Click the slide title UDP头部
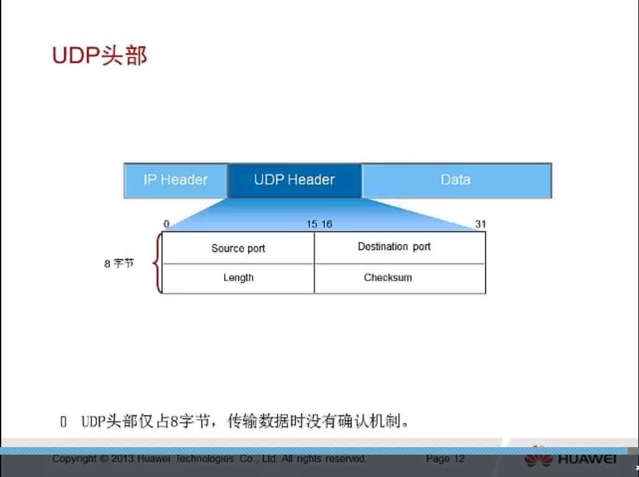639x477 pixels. pyautogui.click(x=100, y=56)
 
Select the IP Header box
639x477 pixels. pyautogui.click(x=175, y=180)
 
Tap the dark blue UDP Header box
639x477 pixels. pyautogui.click(x=294, y=180)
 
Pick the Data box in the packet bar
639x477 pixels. pyautogui.click(x=455, y=180)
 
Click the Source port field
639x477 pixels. pyautogui.click(x=238, y=249)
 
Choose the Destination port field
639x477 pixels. pyautogui.click(x=394, y=247)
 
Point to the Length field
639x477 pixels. pyautogui.click(x=238, y=278)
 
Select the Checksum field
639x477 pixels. pyautogui.click(x=388, y=278)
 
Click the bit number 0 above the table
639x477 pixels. pyautogui.click(x=166, y=224)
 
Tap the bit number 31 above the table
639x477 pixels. pyautogui.click(x=480, y=224)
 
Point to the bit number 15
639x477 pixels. pyautogui.click(x=311, y=224)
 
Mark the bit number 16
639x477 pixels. pyautogui.click(x=327, y=224)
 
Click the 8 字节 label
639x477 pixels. pyautogui.click(x=119, y=264)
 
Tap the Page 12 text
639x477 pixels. pyautogui.click(x=445, y=459)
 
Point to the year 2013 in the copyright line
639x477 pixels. pyautogui.click(x=123, y=459)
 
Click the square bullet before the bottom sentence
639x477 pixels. pyautogui.click(x=63, y=422)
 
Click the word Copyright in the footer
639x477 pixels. pyautogui.click(x=75, y=459)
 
